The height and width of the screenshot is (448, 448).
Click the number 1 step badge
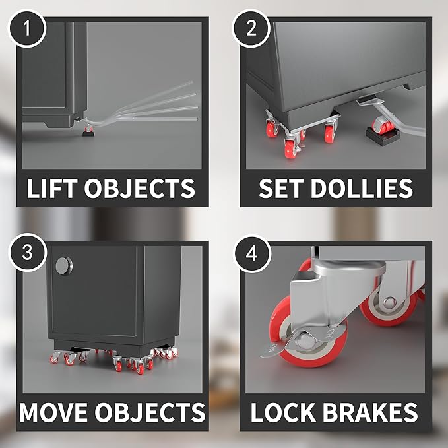click(27, 28)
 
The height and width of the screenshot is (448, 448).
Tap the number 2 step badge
click(251, 28)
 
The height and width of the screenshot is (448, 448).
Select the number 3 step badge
click(28, 252)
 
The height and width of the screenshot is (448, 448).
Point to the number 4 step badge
click(252, 253)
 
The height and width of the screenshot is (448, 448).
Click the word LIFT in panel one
click(52, 188)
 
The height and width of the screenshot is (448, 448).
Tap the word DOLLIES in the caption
click(362, 188)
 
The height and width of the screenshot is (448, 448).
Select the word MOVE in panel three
click(53, 412)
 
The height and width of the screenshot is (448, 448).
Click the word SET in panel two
click(281, 188)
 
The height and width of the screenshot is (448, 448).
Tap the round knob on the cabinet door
click(64, 266)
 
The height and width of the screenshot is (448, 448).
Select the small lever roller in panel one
click(88, 129)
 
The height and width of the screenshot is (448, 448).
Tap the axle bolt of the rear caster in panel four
click(389, 303)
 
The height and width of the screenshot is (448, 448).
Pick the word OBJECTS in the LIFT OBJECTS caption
click(139, 188)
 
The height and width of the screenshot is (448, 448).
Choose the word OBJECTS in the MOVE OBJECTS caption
click(150, 412)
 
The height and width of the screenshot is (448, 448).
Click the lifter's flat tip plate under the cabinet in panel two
click(366, 100)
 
